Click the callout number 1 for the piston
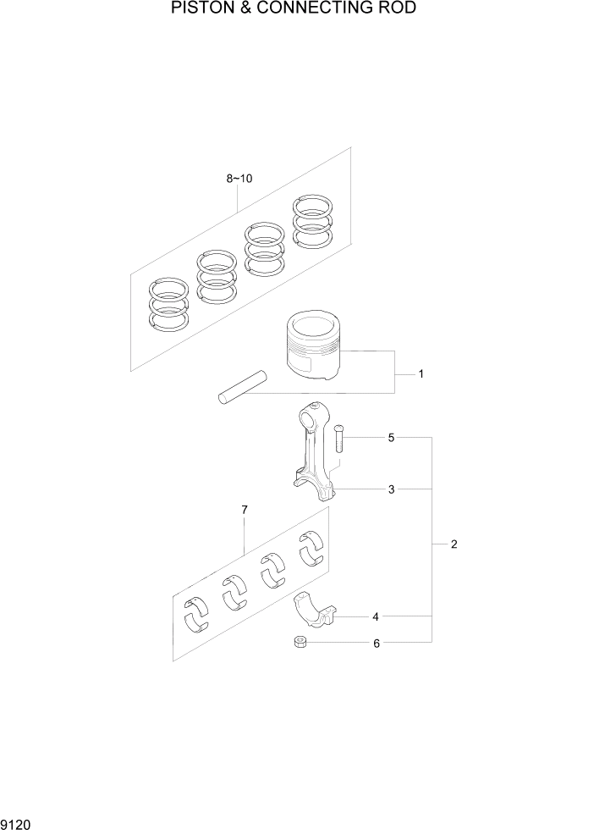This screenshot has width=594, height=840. point(421,373)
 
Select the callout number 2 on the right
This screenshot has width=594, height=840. point(454,544)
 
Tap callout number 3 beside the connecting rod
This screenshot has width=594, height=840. point(392,489)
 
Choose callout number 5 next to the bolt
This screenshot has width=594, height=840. point(391,438)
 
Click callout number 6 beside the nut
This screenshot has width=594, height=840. point(377,644)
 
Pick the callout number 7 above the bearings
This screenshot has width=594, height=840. point(245,509)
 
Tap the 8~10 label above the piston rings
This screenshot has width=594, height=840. point(239,179)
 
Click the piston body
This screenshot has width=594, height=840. point(313,347)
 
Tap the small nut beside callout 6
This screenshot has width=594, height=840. point(300,643)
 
